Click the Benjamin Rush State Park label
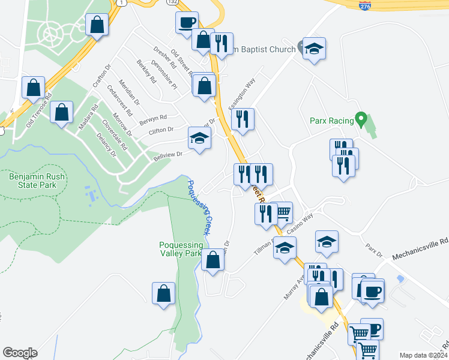point(32,181)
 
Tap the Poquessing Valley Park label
point(181,249)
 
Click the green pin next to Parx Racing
point(361,119)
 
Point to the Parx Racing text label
point(332,121)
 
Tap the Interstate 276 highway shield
point(366,5)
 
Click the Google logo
point(20,353)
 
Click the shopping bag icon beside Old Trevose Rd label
point(34,88)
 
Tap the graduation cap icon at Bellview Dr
point(199,139)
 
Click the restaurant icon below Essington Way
point(243,119)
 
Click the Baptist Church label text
point(263,49)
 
